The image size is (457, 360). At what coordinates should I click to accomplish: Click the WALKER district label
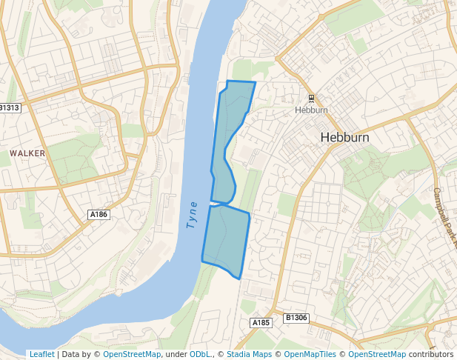coord(27,153)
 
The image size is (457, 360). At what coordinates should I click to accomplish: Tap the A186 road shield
coord(98,215)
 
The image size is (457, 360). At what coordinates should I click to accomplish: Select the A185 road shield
coord(260,323)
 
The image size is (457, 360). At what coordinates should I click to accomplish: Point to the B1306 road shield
coord(296,319)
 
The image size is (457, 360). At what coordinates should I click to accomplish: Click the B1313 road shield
coord(10,108)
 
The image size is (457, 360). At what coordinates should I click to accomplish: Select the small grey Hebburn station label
coord(311,110)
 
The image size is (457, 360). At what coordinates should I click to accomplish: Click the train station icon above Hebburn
coord(312,99)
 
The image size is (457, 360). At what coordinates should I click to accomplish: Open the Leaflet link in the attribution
coord(41,354)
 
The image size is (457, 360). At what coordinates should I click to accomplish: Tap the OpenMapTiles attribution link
coord(309,354)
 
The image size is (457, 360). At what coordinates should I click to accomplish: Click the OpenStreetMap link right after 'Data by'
coord(132,354)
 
